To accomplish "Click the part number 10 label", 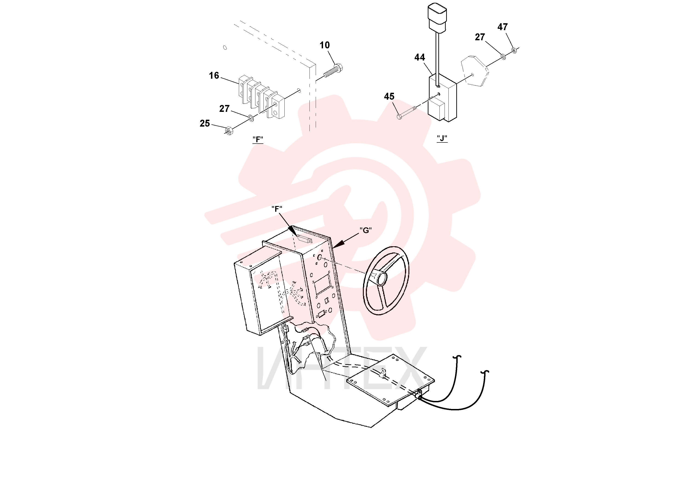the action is (325, 45).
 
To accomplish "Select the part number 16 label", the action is (214, 75).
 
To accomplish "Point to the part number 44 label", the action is (419, 57).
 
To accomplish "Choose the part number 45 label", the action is (389, 96).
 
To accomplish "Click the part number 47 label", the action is (502, 27).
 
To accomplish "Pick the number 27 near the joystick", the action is (480, 37).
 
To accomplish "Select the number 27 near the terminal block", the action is (224, 109).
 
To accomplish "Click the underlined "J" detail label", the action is (442, 139).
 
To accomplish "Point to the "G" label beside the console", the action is (365, 230).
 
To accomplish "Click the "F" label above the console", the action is (277, 209).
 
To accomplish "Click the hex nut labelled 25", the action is (228, 131).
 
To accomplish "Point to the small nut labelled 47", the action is (513, 50).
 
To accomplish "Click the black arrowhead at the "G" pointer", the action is (339, 244).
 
